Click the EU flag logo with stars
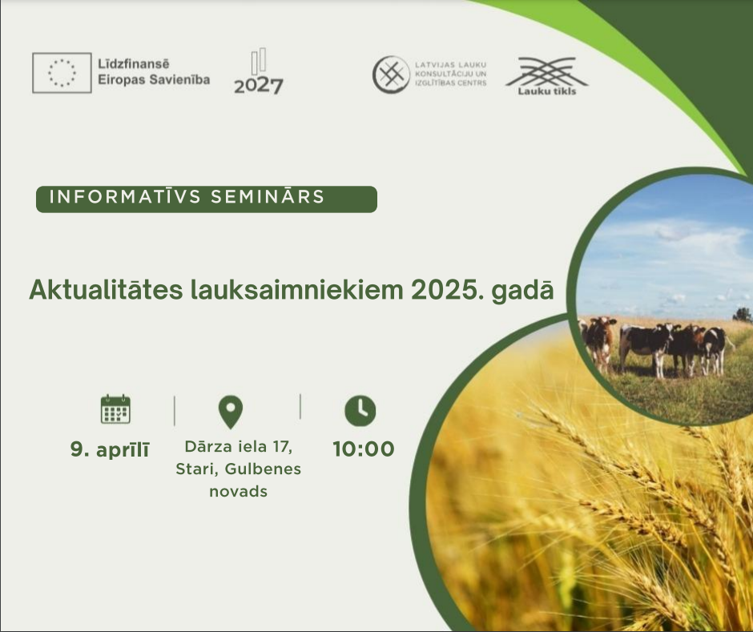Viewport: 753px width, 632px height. click(x=62, y=73)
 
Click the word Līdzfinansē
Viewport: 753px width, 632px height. click(x=134, y=64)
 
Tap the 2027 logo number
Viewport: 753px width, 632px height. click(x=259, y=86)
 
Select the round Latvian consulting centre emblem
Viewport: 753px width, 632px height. click(x=392, y=74)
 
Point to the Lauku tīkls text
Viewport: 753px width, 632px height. click(x=547, y=91)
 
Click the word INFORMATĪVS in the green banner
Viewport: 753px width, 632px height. click(x=124, y=197)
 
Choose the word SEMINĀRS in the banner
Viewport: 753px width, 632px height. click(x=268, y=197)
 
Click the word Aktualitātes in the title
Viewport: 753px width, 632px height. click(x=106, y=290)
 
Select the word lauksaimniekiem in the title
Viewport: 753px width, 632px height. click(x=296, y=290)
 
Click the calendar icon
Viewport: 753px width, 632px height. click(x=115, y=409)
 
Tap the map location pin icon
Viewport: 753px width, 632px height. click(x=231, y=412)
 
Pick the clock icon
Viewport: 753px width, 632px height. click(x=360, y=411)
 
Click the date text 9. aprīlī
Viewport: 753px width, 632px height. click(x=110, y=449)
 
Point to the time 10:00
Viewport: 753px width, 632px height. click(x=364, y=449)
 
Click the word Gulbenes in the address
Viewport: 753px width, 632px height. click(x=263, y=469)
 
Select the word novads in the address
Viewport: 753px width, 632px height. click(x=238, y=491)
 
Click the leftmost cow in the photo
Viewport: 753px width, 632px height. click(x=598, y=342)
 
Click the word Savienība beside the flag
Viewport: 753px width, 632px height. click(x=180, y=79)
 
